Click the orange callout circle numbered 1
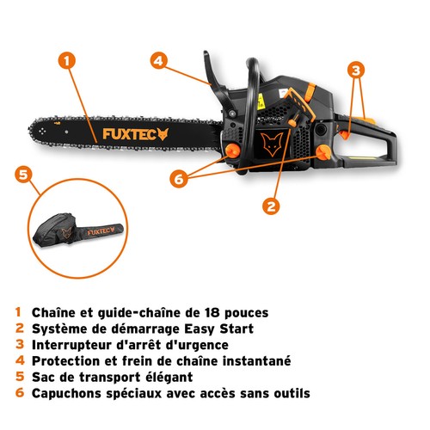(x=67, y=61)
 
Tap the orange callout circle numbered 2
(x=271, y=206)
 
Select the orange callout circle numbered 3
(x=356, y=70)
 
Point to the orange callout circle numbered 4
(x=158, y=60)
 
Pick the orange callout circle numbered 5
(x=23, y=175)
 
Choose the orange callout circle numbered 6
(x=179, y=179)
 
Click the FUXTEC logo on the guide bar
(x=135, y=134)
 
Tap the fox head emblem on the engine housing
(x=272, y=144)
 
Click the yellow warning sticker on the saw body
(x=261, y=101)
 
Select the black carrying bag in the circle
(x=77, y=230)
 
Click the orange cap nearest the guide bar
(x=232, y=150)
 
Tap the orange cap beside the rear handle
(x=323, y=152)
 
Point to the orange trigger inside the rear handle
(x=345, y=134)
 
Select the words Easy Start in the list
(x=218, y=329)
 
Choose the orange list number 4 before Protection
(x=20, y=360)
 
